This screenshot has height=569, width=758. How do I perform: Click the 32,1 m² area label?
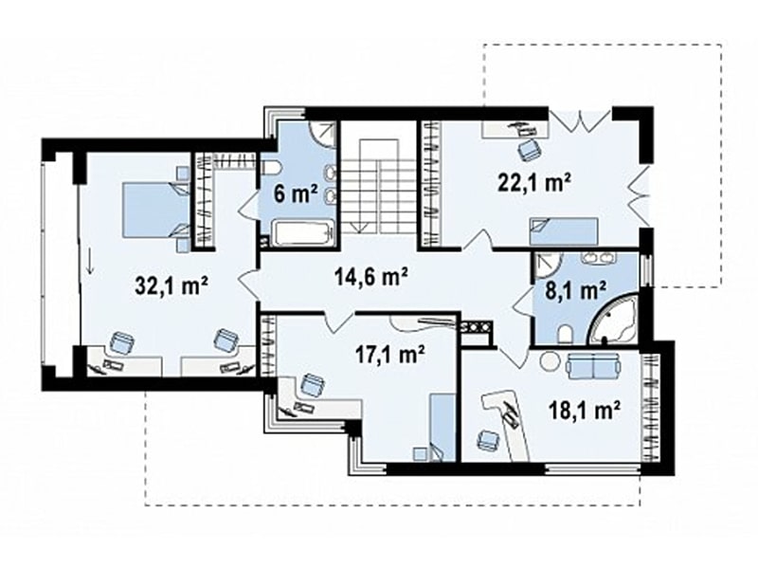pos(172,286)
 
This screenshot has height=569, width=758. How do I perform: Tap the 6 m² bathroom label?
pos(296,193)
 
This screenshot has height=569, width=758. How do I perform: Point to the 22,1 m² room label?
pos(534,183)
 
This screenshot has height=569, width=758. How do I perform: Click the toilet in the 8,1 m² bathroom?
pos(565,336)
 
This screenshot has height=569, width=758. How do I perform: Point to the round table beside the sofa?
pos(549,361)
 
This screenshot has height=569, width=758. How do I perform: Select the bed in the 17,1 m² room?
pos(442,426)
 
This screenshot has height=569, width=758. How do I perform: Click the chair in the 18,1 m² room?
pos(487,441)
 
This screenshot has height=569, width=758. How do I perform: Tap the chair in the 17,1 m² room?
pos(312,385)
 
